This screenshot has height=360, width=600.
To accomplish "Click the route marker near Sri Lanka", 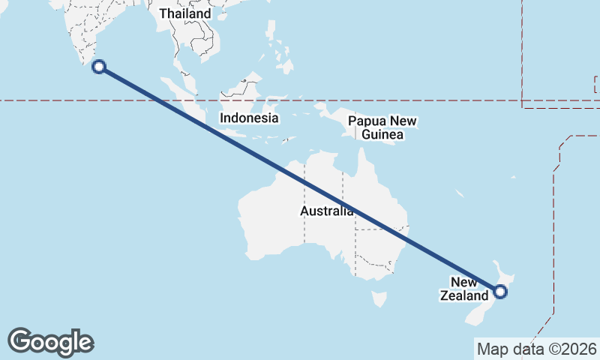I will coord(98,67).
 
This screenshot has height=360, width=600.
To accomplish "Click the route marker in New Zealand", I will coord(500,292).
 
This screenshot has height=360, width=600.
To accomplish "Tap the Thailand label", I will coord(184,13).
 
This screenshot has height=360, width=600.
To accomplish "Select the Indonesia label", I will coord(249,118).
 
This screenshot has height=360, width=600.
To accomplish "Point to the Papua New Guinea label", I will coord(382,128).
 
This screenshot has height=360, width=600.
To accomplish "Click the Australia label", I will coord(327,211).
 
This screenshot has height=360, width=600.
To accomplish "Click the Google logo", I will coord(50,342).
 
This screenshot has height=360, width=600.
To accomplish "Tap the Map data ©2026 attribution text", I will coord(537,349).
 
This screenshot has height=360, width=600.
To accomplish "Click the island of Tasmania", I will coord(380,299).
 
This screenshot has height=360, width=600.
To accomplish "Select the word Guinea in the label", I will coord(382,135).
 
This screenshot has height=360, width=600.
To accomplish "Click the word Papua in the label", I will coord(365,121).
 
